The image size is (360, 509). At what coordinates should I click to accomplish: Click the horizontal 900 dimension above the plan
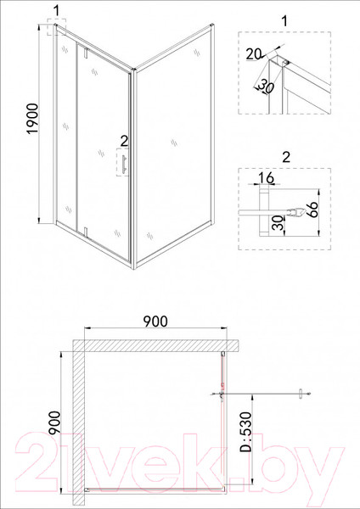point(155,322)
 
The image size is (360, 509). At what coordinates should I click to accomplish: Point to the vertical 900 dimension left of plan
point(53,424)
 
